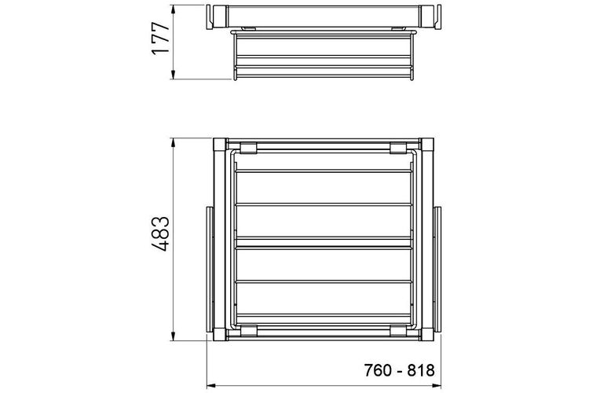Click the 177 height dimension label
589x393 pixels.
160,39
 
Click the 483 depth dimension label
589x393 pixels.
160,234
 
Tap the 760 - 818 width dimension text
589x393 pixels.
399,370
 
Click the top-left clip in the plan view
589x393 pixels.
249,149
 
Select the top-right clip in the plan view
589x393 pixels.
398,149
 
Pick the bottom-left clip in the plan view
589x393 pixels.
249,331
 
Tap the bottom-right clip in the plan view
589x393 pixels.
398,331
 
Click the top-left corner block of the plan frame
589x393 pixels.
220,145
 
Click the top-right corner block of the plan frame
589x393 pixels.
427,145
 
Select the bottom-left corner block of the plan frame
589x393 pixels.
220,334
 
